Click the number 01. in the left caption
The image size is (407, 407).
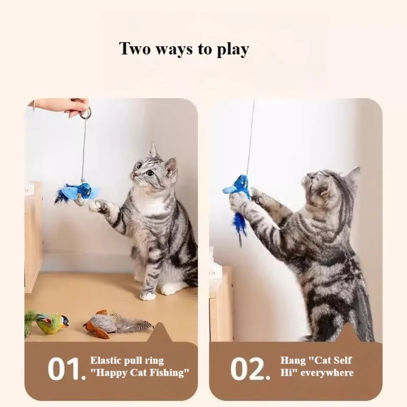click(66, 369)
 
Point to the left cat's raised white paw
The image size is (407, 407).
click(96, 206)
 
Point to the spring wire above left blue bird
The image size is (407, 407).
click(83, 151)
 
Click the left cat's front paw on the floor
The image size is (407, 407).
click(149, 295)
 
